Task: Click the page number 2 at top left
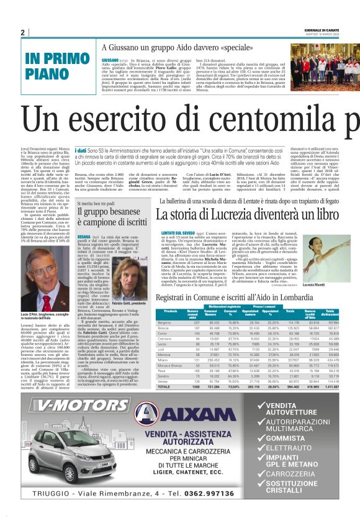pyautogui.click(x=22, y=32)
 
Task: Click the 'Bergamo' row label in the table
pyautogui.click(x=164, y=323)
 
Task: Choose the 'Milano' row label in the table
pyautogui.click(x=163, y=360)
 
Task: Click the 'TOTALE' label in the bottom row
pyautogui.click(x=164, y=386)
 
